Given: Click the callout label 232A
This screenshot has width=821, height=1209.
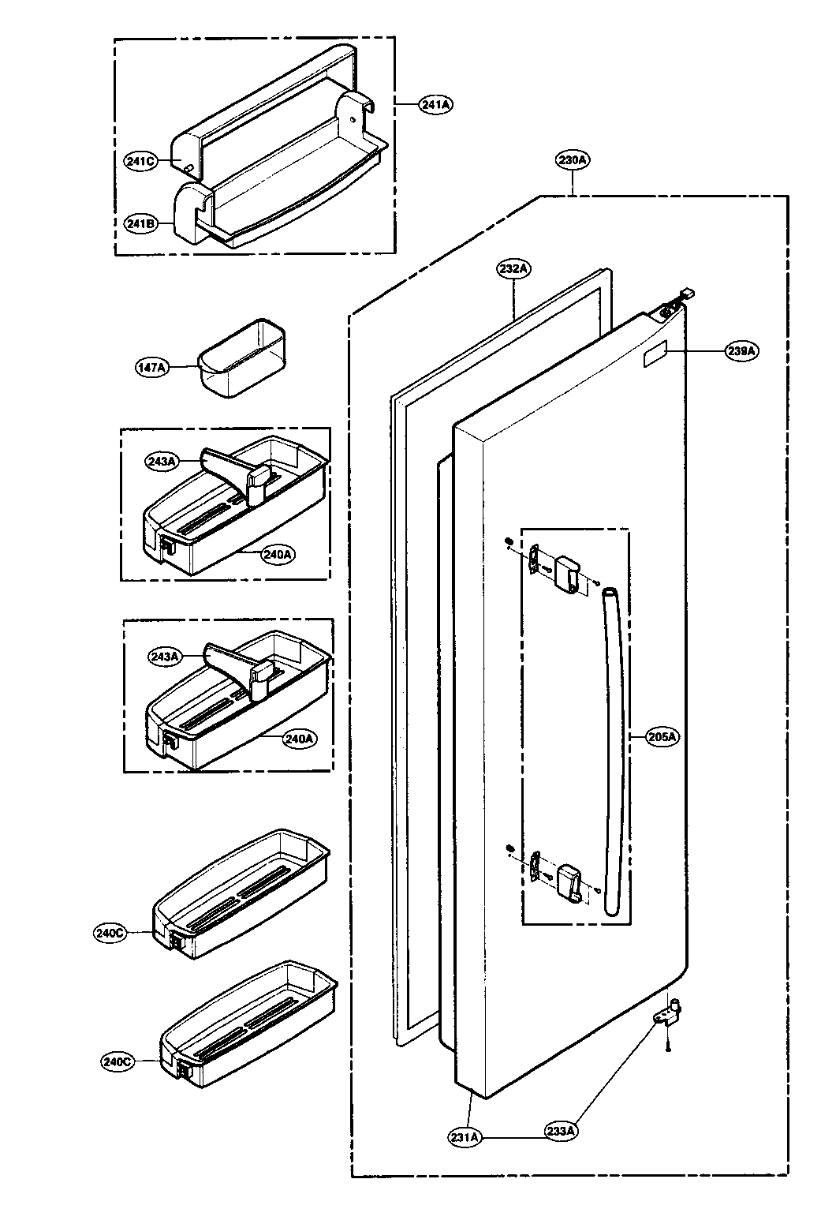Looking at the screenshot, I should pos(513,268).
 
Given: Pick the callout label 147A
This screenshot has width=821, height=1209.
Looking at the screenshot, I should pos(151,367).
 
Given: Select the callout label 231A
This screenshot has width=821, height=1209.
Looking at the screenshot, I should pos(466,1137).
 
